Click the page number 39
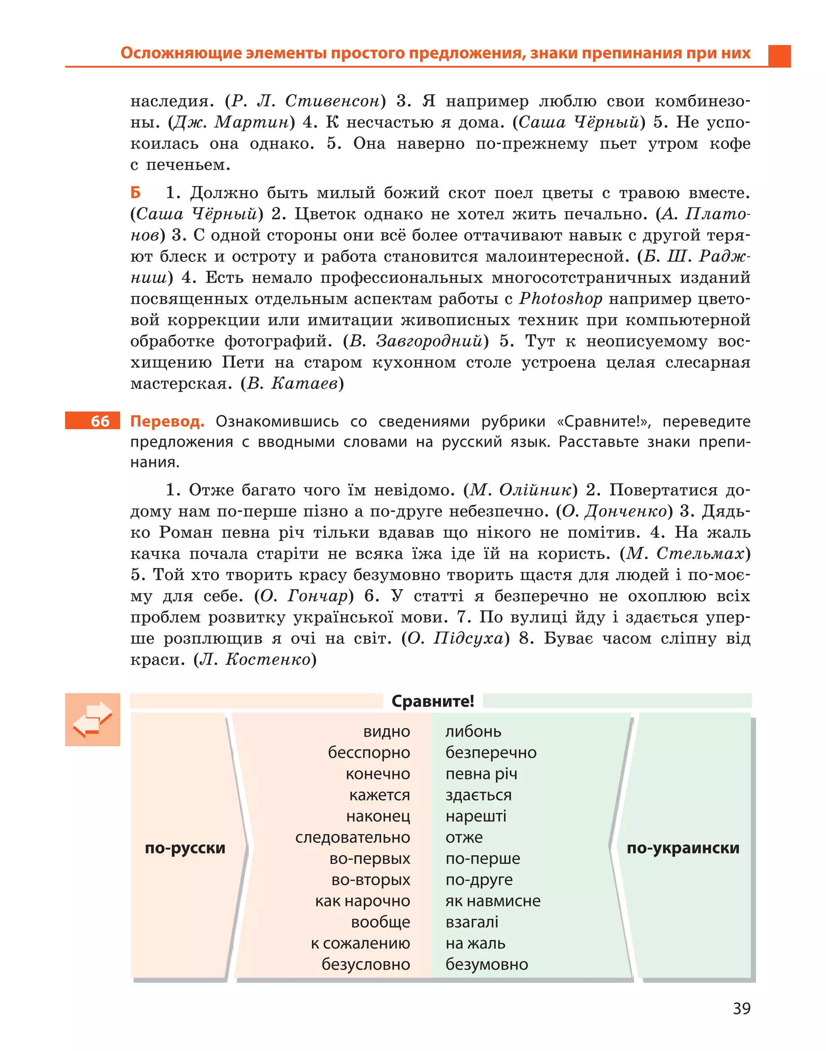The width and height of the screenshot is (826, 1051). [741, 1008]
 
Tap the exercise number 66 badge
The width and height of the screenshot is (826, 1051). [93, 420]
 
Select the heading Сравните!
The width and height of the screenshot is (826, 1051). [432, 701]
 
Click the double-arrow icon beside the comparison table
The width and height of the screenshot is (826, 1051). [92, 719]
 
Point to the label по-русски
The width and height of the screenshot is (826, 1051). [185, 848]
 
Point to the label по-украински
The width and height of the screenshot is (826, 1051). [683, 848]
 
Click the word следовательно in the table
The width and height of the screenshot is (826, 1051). [353, 837]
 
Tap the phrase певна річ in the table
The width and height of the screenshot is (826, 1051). [481, 774]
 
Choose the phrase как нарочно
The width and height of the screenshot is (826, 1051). [362, 901]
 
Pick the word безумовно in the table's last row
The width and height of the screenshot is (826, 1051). [486, 964]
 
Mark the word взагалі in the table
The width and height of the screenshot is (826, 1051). [471, 922]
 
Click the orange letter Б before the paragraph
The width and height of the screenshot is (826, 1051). [136, 192]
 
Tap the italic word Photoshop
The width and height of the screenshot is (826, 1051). [561, 299]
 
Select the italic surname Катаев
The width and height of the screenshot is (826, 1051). [304, 383]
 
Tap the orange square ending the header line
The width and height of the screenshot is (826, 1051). [779, 56]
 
